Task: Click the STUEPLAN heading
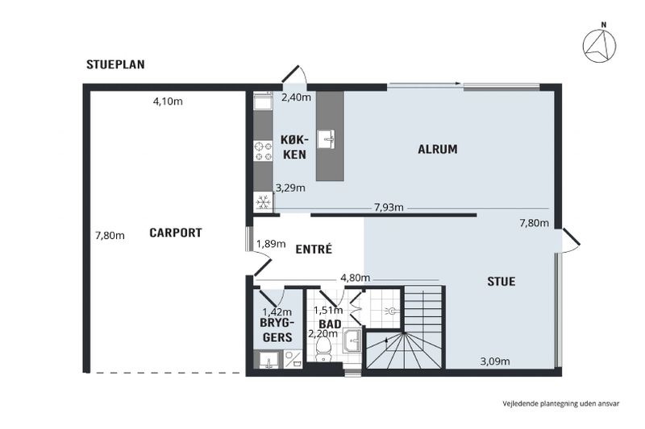pyautogui.click(x=115, y=64)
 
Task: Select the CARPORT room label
pyautogui.click(x=176, y=233)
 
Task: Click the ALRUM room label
pyautogui.click(x=438, y=149)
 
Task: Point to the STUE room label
pyautogui.click(x=501, y=281)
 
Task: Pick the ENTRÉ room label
pyautogui.click(x=314, y=250)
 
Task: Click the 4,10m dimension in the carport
pyautogui.click(x=168, y=101)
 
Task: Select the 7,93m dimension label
pyautogui.click(x=389, y=208)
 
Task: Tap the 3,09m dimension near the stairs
pyautogui.click(x=495, y=361)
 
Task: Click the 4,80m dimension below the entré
pyautogui.click(x=356, y=278)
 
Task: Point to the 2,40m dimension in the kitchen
pyautogui.click(x=296, y=97)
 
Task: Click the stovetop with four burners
pyautogui.click(x=264, y=151)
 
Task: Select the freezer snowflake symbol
pyautogui.click(x=264, y=202)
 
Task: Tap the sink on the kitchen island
pyautogui.click(x=327, y=138)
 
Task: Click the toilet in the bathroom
pyautogui.click(x=323, y=350)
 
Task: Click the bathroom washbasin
pyautogui.click(x=352, y=340)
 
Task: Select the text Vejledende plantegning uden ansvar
pyautogui.click(x=560, y=403)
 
